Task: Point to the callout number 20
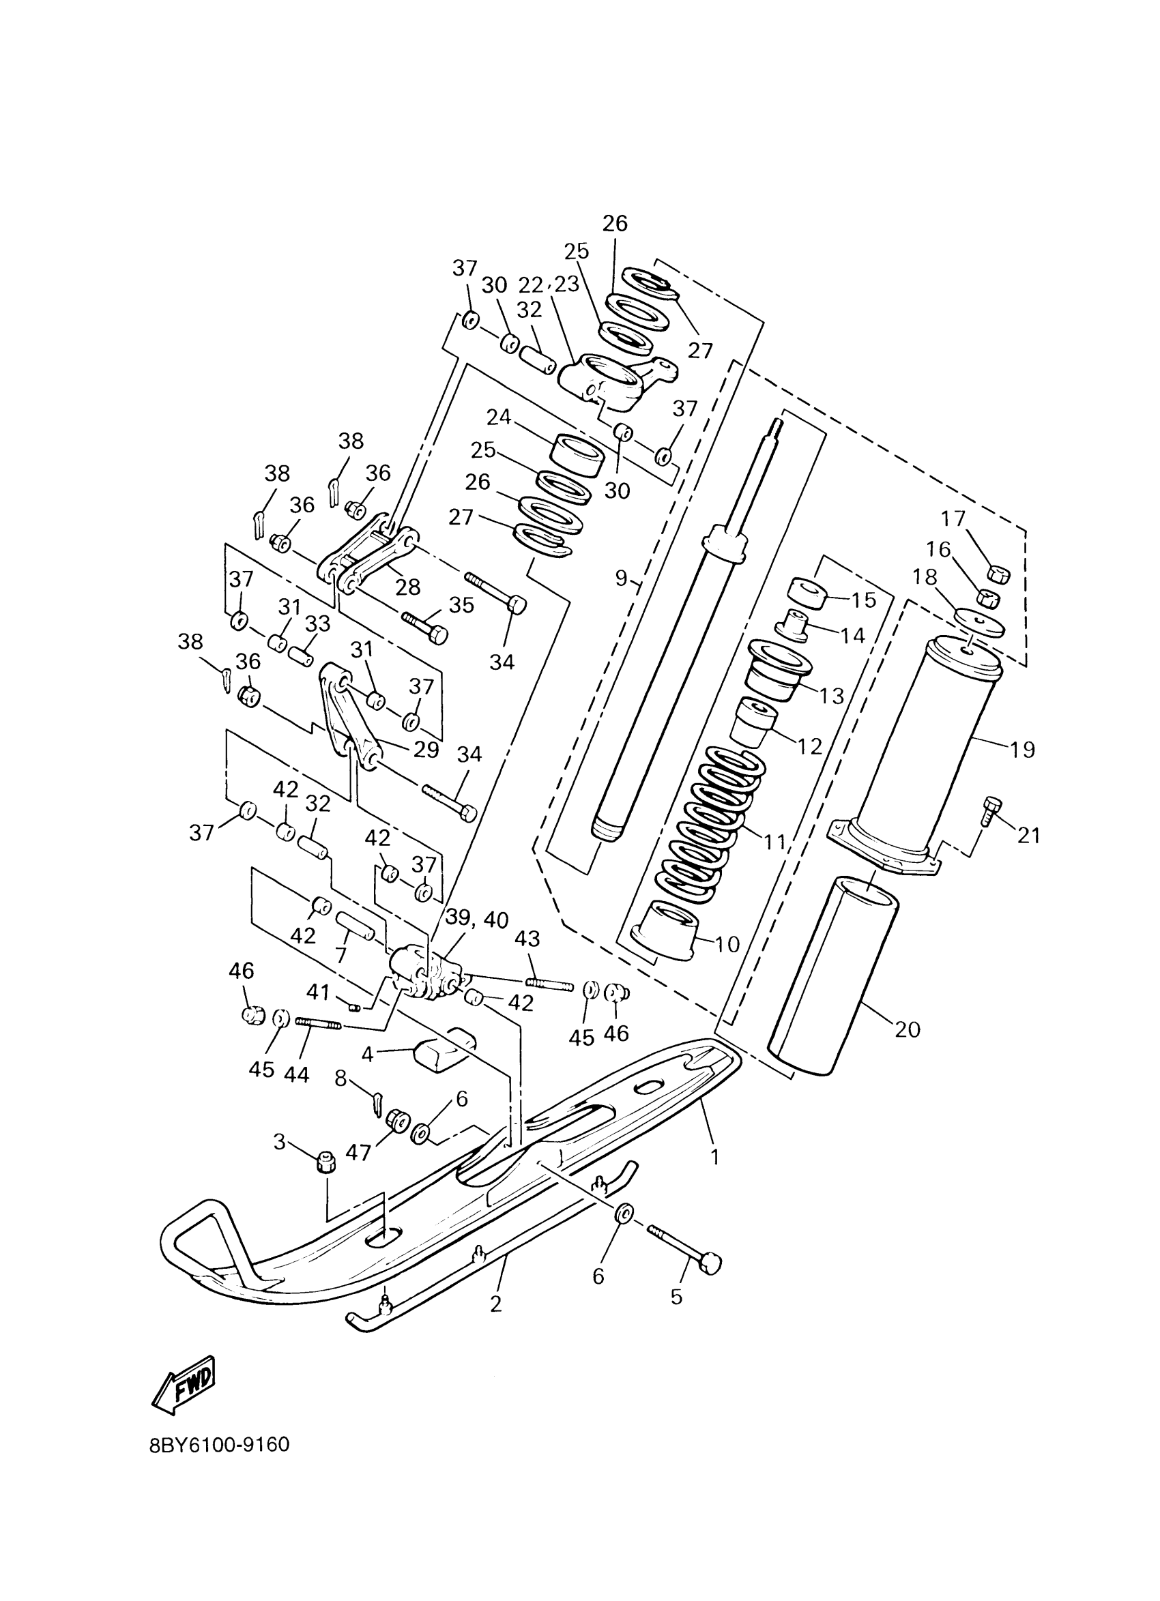pos(908,1030)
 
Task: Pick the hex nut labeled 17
pos(997,573)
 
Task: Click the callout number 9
pos(620,578)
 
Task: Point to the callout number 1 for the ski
pos(714,1156)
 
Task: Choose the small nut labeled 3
pos(325,1160)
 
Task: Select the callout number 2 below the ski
pos(495,1304)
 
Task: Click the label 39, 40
pos(476,920)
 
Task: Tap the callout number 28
pos(408,587)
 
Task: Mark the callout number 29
pos(426,750)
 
